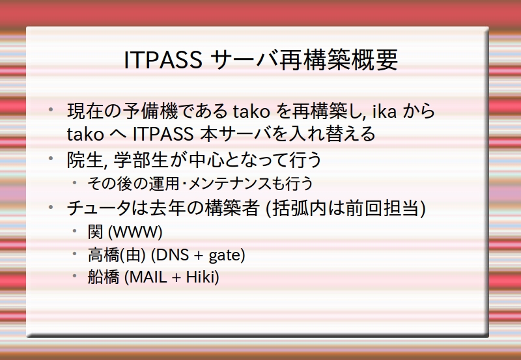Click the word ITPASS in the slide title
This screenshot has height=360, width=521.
[x=163, y=60]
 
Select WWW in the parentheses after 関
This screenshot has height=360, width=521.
[x=135, y=232]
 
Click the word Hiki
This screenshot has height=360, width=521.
[x=200, y=277]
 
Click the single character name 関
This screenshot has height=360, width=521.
[x=95, y=232]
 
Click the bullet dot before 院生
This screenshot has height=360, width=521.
[x=51, y=158]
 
